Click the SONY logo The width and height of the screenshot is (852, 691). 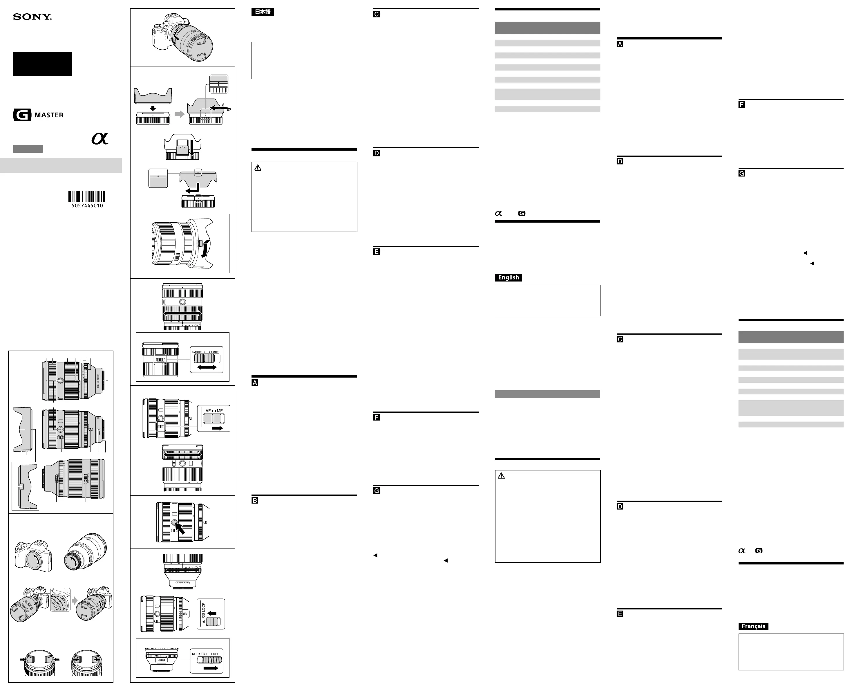tap(32, 17)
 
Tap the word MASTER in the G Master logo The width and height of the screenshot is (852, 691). tap(49, 115)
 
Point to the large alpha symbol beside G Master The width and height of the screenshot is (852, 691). tap(100, 138)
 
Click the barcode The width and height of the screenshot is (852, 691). tap(87, 197)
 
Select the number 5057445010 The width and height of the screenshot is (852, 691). tap(87, 206)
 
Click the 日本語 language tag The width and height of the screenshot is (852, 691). tap(263, 12)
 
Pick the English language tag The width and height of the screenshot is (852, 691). tap(508, 277)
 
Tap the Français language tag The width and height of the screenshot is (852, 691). tap(753, 626)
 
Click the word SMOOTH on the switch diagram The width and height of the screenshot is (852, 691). tap(197, 352)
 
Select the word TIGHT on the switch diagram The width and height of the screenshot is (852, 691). tap(215, 352)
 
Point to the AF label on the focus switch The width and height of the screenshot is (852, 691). tap(208, 410)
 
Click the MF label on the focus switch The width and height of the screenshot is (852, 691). tap(220, 410)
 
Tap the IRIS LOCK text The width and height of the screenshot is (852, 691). tap(203, 612)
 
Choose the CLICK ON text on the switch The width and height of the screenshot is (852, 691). tap(199, 654)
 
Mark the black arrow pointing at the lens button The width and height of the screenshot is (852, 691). tap(180, 528)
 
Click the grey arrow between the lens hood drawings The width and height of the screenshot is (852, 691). tap(180, 114)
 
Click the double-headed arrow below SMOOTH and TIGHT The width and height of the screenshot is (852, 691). tap(207, 367)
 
